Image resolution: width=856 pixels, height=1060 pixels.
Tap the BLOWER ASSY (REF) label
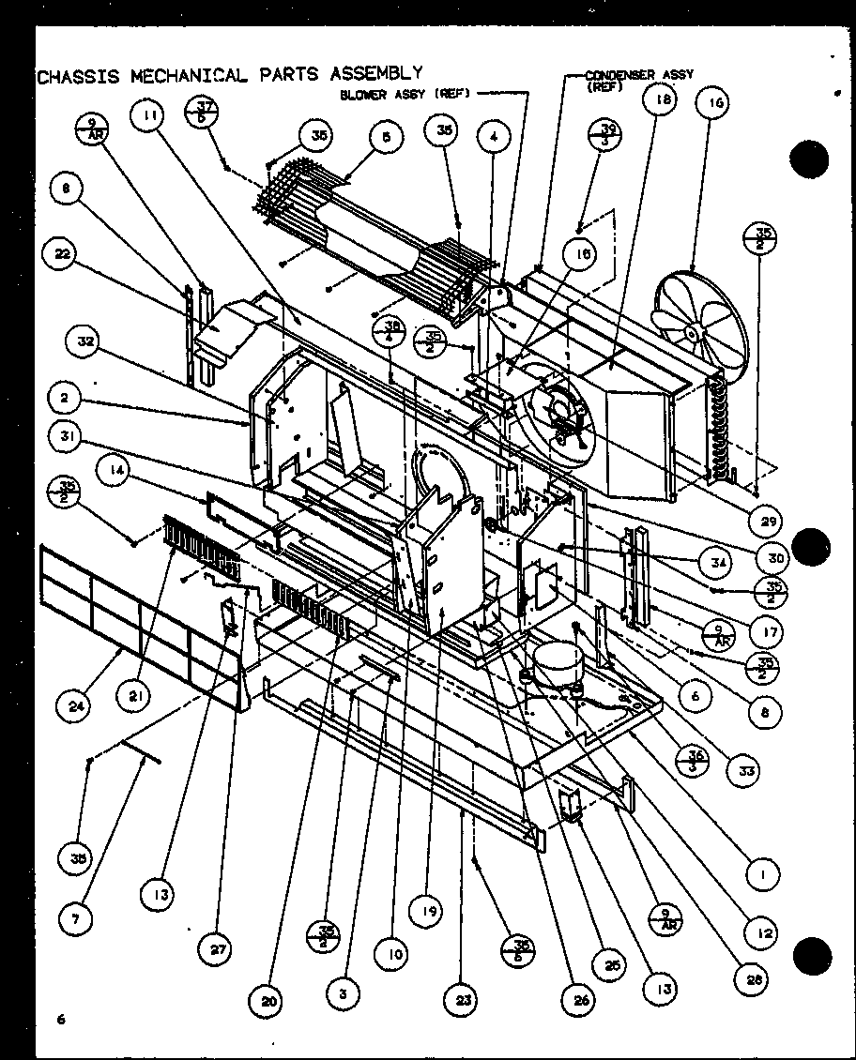click(405, 94)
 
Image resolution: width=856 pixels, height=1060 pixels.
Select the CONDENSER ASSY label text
click(638, 74)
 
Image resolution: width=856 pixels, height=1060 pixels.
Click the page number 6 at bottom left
click(59, 1020)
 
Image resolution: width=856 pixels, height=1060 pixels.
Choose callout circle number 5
click(386, 137)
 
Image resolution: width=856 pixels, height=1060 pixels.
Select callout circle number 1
click(764, 875)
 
